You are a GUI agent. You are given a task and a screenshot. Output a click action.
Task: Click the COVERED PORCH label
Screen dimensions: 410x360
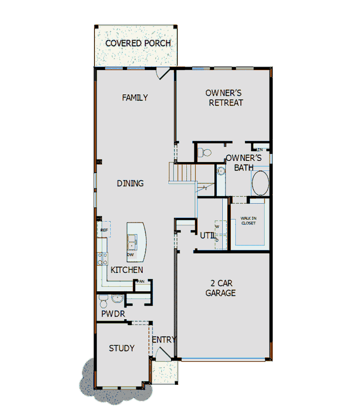click(138, 44)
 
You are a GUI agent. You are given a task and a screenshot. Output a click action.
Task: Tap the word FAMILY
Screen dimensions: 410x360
click(135, 98)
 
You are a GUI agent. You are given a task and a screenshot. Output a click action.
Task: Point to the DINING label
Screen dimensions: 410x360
click(130, 183)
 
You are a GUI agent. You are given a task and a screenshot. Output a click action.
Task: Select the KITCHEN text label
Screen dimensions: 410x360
click(127, 270)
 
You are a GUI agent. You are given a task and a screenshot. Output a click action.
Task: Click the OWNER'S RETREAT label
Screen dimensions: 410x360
click(224, 98)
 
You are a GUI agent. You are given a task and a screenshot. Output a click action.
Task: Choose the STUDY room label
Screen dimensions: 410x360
click(121, 348)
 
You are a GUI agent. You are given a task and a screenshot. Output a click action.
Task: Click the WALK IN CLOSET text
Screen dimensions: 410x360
click(248, 221)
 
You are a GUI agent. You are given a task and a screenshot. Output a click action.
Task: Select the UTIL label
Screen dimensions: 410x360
click(208, 235)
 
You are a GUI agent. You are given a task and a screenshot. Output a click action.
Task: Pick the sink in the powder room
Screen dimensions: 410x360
click(117, 299)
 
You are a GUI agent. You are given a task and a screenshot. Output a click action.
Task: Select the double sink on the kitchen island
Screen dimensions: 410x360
click(133, 242)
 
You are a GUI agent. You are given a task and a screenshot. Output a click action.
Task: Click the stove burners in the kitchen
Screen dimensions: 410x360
click(102, 258)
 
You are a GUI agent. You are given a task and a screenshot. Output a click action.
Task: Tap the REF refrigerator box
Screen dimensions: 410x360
click(104, 230)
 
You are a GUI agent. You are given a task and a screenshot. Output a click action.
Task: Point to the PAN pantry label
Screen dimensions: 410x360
click(140, 281)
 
